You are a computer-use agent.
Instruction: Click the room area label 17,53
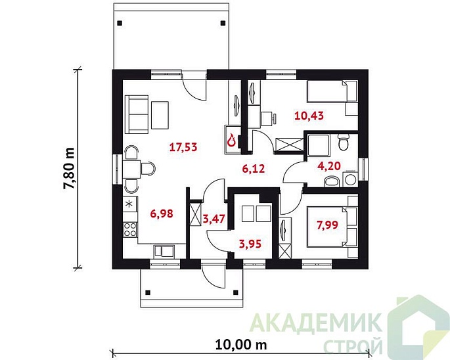(183, 147)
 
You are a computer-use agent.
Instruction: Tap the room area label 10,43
(309, 116)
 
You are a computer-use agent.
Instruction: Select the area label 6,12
(254, 169)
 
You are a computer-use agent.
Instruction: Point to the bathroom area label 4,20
(329, 166)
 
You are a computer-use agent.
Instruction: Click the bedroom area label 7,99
(327, 225)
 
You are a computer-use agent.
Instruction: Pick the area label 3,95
(250, 244)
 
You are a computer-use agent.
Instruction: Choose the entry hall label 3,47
(214, 219)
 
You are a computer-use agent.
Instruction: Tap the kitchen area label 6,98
(162, 214)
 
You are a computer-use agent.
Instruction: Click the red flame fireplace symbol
(231, 141)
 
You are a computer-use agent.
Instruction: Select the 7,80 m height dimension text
(69, 169)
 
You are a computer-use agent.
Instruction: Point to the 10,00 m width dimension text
(240, 344)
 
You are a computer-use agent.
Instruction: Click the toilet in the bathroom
(343, 142)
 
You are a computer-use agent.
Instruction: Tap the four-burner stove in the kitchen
(130, 229)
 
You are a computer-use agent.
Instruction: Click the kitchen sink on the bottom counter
(164, 251)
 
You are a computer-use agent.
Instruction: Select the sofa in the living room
(137, 114)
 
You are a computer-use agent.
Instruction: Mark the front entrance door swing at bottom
(213, 276)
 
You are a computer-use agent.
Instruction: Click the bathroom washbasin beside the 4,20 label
(332, 182)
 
